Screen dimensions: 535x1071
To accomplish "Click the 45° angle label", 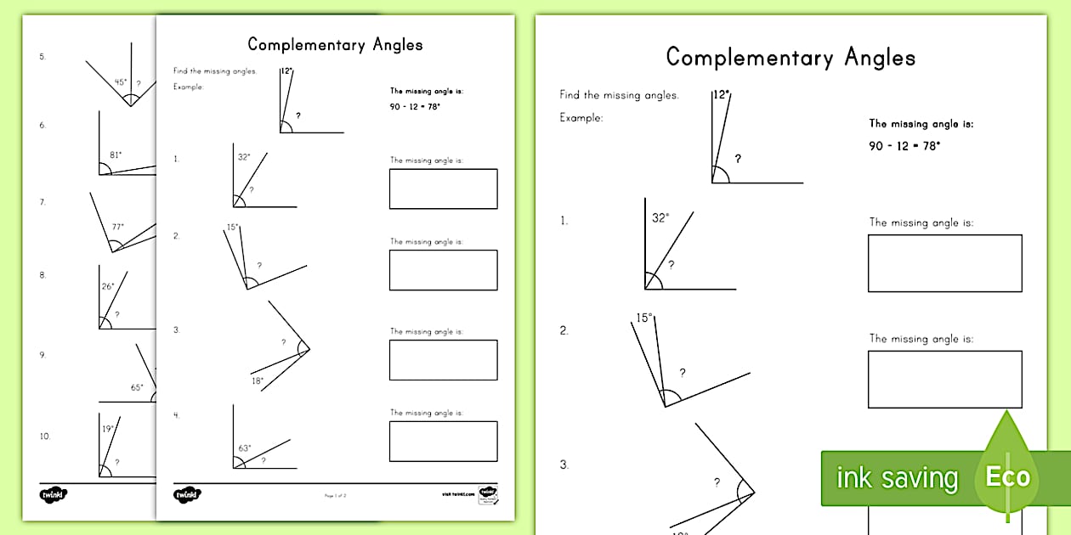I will click(x=121, y=82).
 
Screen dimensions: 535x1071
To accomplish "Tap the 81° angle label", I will click(x=116, y=155).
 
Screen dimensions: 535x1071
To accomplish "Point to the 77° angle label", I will click(x=117, y=227).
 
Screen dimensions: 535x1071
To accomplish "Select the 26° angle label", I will click(x=108, y=286).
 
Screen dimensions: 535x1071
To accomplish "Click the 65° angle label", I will click(x=137, y=387).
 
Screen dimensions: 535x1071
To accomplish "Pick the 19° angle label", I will click(x=107, y=430).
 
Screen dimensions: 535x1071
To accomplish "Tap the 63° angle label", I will click(x=244, y=447).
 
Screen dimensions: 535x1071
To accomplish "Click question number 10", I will click(x=44, y=436).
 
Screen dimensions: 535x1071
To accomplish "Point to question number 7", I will click(x=42, y=202).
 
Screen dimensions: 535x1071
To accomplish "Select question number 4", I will click(x=177, y=415).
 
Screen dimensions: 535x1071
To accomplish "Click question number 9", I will click(x=42, y=355).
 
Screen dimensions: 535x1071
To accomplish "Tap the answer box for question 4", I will click(x=443, y=441).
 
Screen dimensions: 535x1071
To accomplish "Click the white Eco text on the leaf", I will click(x=1007, y=476).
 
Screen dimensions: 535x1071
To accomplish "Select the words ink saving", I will click(x=897, y=478).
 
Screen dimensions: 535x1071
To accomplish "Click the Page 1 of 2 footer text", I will click(x=336, y=495).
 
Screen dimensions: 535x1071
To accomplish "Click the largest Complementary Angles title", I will click(x=790, y=58).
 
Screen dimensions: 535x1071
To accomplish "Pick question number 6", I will click(x=42, y=125).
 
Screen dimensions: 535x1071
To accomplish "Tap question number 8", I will click(x=42, y=275).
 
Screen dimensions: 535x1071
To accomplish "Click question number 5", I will click(x=42, y=57).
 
